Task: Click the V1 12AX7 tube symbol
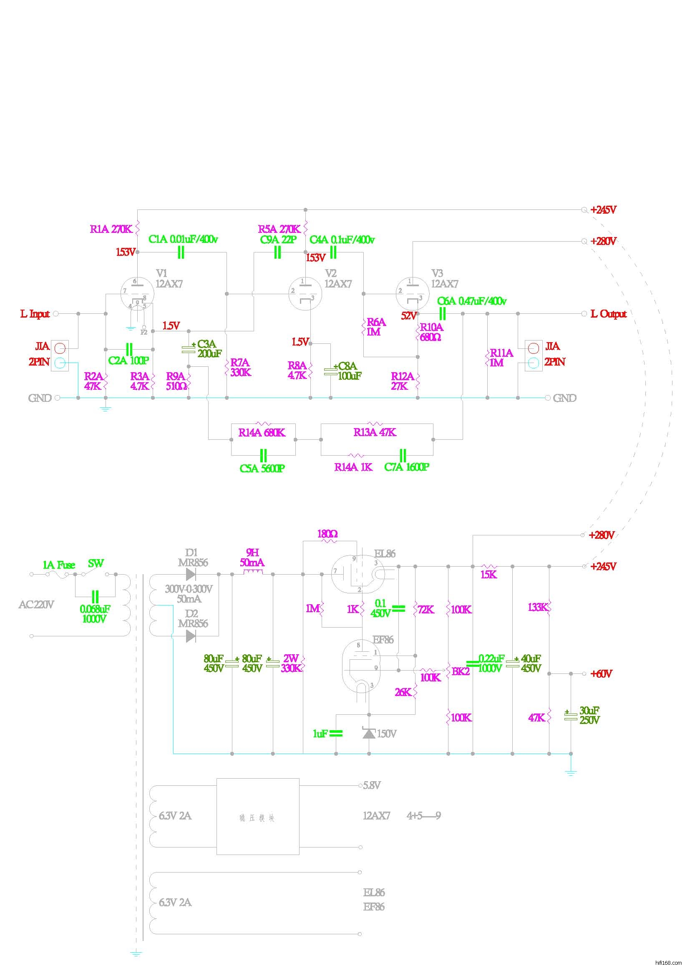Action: (137, 294)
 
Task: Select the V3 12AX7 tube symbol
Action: (411, 294)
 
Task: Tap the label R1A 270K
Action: (111, 229)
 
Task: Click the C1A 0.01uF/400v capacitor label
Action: (183, 240)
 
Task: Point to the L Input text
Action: (35, 314)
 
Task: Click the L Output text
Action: (608, 314)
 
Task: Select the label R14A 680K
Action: (262, 433)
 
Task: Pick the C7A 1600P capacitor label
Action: (407, 467)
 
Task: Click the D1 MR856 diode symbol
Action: (191, 574)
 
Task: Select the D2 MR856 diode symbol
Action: (191, 636)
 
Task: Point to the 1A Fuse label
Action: (59, 565)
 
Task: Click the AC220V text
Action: (36, 605)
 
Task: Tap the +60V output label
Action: (601, 674)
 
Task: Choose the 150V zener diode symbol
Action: (369, 733)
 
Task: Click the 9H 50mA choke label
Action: (252, 558)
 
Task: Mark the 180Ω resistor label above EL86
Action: (327, 534)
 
